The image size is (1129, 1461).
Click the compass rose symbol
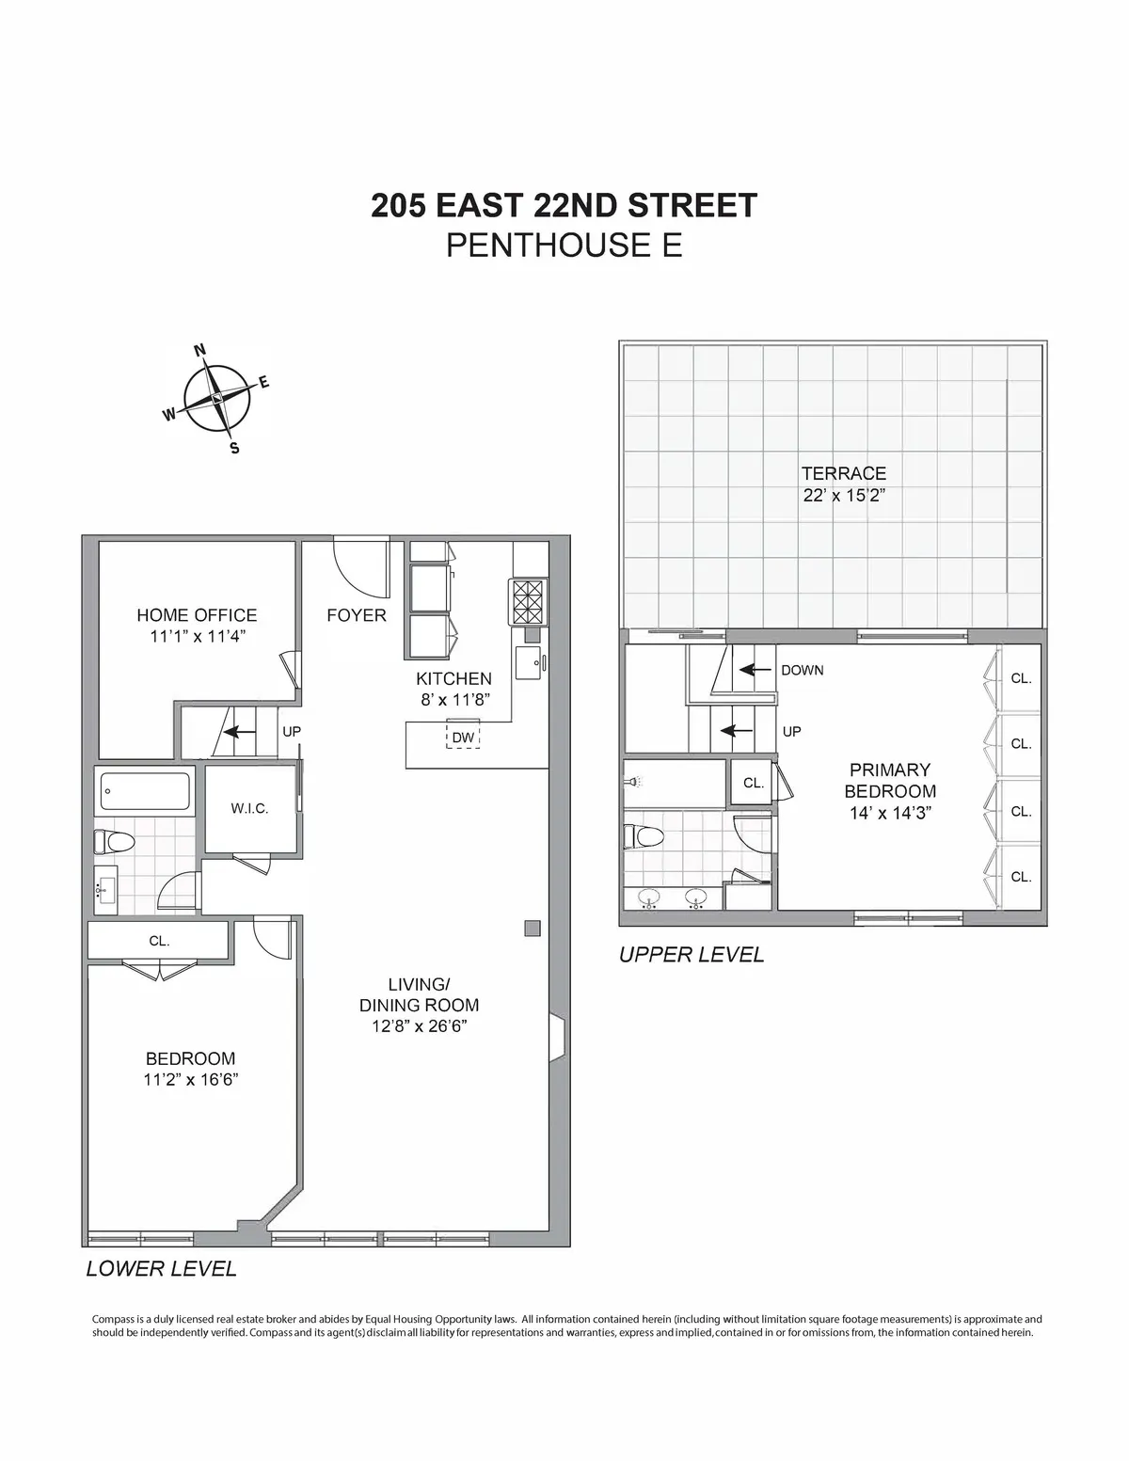point(217,398)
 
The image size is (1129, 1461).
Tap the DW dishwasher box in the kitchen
point(463,737)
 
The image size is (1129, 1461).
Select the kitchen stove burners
point(527,600)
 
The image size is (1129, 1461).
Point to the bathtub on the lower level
point(145,791)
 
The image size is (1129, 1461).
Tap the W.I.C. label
point(249,808)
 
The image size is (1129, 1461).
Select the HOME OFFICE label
point(197,615)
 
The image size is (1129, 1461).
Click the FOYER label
point(357,615)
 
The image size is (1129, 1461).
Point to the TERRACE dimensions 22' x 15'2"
point(844,495)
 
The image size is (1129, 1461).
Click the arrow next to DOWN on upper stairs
point(751,670)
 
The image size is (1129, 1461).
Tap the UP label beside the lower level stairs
point(292,730)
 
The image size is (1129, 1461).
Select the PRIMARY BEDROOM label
point(889,780)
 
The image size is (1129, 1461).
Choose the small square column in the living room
point(533,929)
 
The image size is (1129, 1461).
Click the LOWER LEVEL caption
point(161,1268)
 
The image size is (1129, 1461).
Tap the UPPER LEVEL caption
point(692,955)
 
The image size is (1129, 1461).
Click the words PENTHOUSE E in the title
point(564,246)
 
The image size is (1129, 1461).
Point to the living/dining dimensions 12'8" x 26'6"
point(419,1026)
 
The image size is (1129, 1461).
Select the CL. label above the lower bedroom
point(158,941)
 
